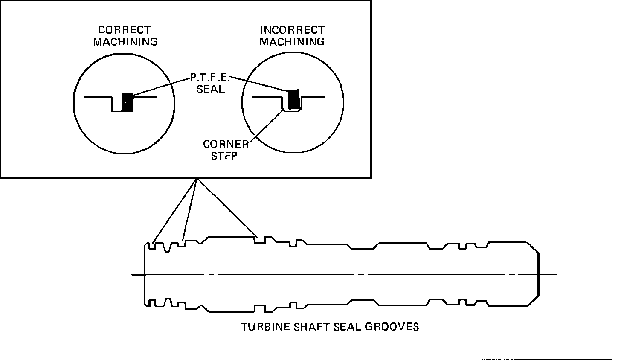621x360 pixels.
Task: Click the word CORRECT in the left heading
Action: tap(124, 30)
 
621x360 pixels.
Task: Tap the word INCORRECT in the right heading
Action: tap(292, 30)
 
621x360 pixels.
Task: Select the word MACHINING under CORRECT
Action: tap(125, 42)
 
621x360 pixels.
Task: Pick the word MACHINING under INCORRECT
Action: tap(292, 42)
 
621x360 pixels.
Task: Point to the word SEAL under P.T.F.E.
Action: tap(210, 90)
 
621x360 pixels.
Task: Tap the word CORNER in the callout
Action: tap(226, 144)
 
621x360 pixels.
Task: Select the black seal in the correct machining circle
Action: tap(128, 102)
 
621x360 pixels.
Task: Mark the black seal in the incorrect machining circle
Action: tap(294, 99)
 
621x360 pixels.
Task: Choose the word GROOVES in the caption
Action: tap(392, 327)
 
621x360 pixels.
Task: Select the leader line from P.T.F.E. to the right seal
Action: tap(260, 84)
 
